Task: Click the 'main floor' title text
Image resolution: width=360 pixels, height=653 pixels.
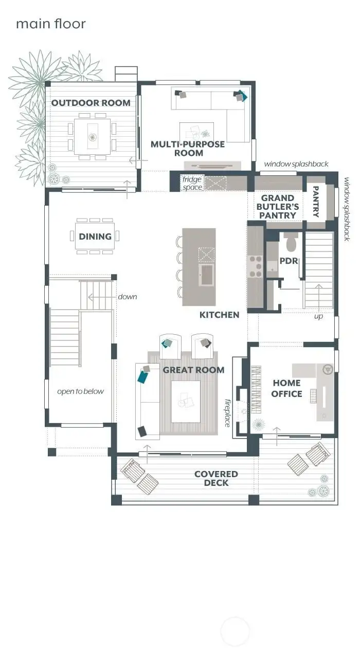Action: [x=50, y=24]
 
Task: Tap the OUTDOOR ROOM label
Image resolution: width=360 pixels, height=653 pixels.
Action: [x=91, y=103]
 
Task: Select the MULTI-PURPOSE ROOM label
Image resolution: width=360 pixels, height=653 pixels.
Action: [x=188, y=149]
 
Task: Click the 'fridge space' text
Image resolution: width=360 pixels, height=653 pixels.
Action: [x=192, y=184]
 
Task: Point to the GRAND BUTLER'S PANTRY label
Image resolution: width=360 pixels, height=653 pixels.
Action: [x=278, y=207]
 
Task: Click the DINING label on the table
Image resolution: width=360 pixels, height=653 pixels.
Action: [x=95, y=237]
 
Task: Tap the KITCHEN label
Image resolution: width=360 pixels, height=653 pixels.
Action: [x=220, y=315]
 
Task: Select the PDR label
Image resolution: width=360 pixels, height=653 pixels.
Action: [x=289, y=261]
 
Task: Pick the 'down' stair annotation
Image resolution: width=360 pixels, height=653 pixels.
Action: [x=128, y=297]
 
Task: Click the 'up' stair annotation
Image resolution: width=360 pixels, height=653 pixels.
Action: [x=319, y=317]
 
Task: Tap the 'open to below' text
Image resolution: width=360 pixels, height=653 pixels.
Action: [x=80, y=391]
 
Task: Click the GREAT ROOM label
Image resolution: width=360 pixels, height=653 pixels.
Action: [x=193, y=370]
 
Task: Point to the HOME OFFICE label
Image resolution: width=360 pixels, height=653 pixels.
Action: [x=287, y=388]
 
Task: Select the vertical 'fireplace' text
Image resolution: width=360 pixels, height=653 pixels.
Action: [x=227, y=413]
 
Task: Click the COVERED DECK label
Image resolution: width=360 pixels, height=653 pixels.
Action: [x=216, y=478]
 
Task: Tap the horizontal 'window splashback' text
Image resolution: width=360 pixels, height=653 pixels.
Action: [x=296, y=164]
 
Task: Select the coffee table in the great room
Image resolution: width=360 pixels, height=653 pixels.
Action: [x=185, y=401]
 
